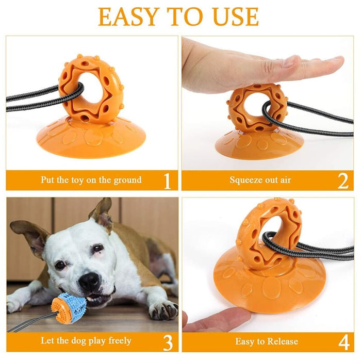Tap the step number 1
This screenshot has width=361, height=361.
(167, 181)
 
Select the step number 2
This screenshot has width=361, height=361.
(343, 181)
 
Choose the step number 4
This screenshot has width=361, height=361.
(343, 341)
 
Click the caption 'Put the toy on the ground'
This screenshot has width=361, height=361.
(91, 180)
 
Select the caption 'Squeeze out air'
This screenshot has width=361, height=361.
(260, 180)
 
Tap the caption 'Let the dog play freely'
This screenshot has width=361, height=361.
(86, 341)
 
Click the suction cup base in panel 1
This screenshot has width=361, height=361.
(91, 137)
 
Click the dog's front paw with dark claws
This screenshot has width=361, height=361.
(160, 309)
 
